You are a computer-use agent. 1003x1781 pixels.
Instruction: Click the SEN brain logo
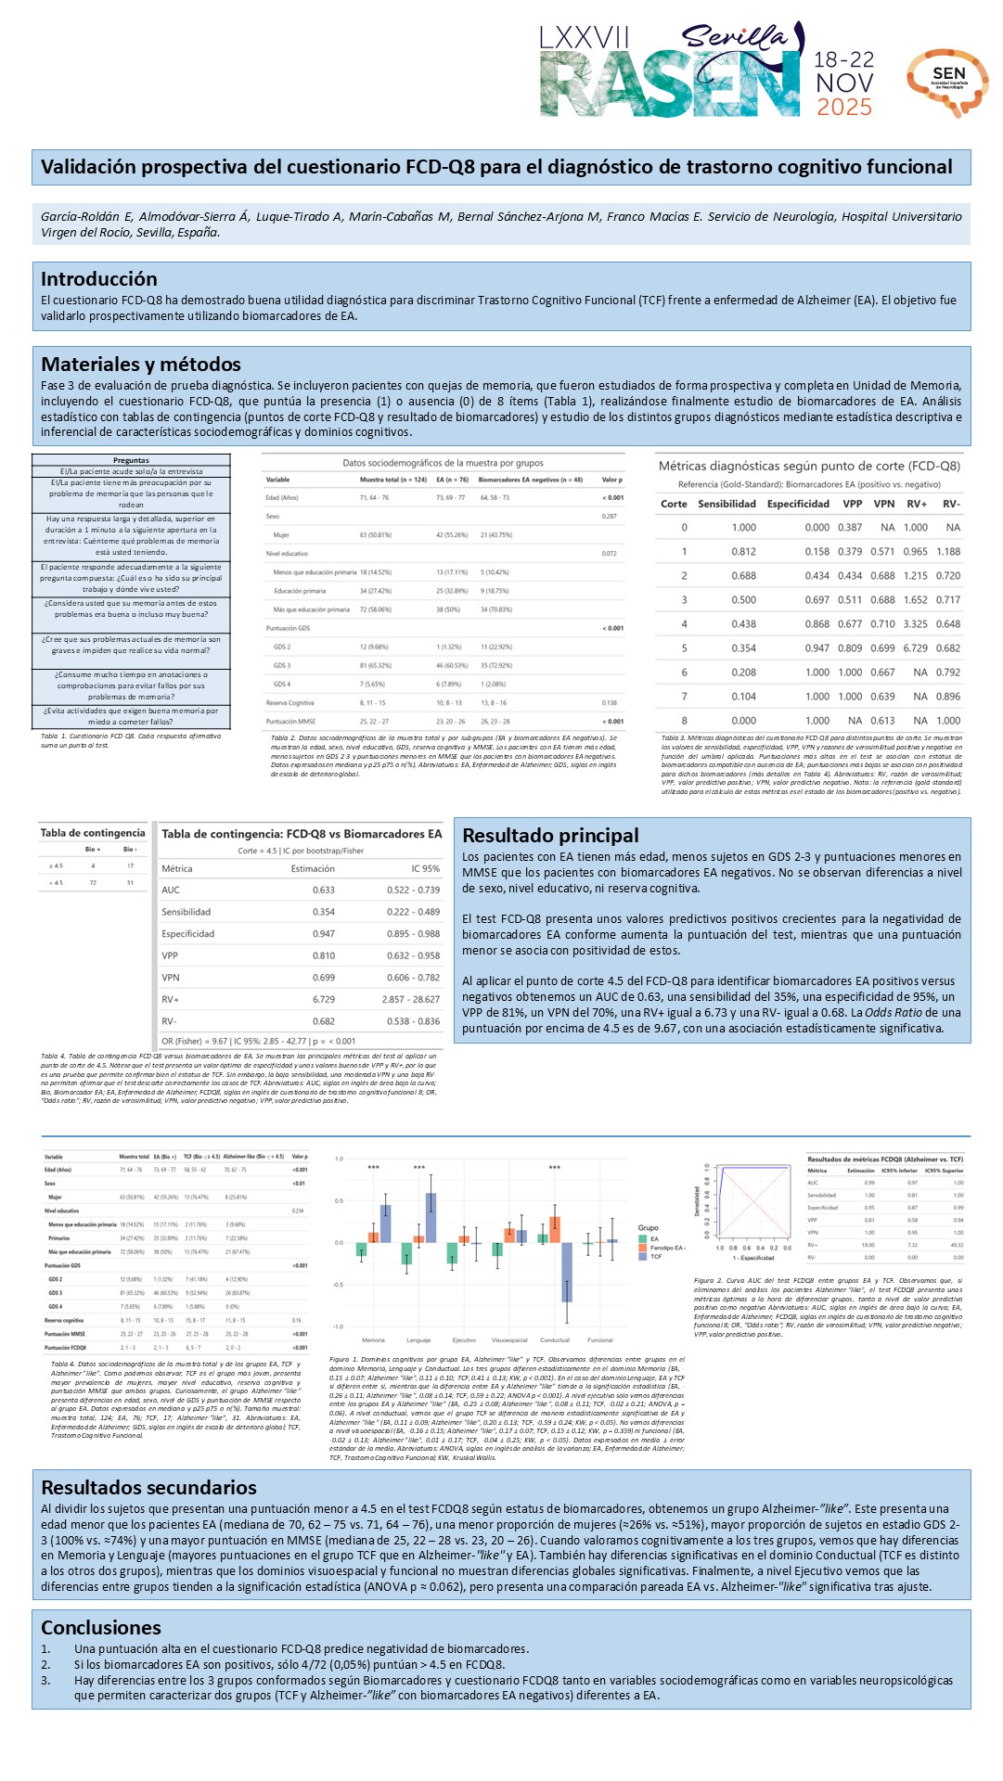(x=947, y=82)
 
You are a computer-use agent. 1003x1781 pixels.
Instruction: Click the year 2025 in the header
(x=843, y=108)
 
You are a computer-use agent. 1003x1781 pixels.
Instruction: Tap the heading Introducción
(x=99, y=279)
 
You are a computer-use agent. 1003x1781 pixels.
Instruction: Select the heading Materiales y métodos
(x=141, y=365)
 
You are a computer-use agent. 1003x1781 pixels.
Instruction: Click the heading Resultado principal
(x=550, y=836)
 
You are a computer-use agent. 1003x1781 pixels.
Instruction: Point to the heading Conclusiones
(x=101, y=1628)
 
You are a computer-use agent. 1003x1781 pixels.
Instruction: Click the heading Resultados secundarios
(x=148, y=1488)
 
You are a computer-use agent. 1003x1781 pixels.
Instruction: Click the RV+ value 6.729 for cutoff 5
(x=915, y=648)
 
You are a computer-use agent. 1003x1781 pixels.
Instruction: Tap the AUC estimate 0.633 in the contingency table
(x=323, y=890)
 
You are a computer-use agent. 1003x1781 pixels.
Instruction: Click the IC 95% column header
(x=425, y=869)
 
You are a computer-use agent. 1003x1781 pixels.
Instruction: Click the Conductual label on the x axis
(x=555, y=1340)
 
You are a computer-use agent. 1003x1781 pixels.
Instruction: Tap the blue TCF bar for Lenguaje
(x=431, y=1218)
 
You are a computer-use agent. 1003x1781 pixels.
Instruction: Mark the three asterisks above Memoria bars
(x=374, y=1168)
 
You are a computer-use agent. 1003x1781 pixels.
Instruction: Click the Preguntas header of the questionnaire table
(x=131, y=460)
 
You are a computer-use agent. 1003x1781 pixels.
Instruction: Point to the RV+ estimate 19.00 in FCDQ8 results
(x=868, y=1245)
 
